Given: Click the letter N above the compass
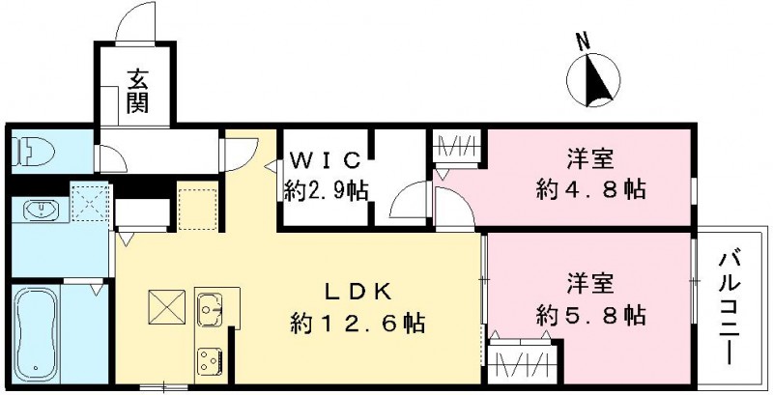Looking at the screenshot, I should click(x=582, y=41).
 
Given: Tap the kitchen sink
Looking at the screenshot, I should click(x=210, y=309).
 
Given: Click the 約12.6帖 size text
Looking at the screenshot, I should click(x=358, y=324).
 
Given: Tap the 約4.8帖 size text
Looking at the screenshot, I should click(x=591, y=189).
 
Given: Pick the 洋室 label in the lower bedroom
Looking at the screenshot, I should click(x=591, y=284).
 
